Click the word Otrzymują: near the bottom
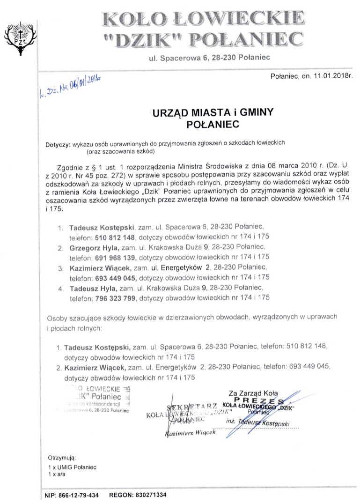pyautogui.click(x=61, y=457)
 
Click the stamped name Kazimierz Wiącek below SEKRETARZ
pyautogui.click(x=190, y=434)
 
